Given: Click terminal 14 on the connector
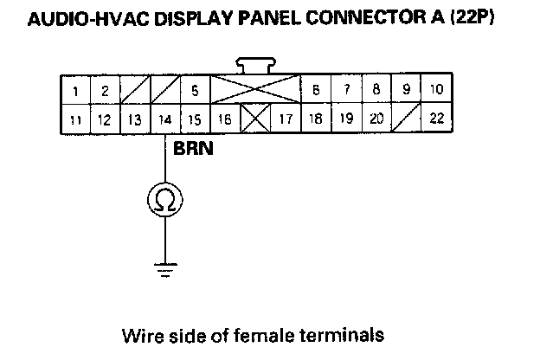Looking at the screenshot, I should pos(164,119).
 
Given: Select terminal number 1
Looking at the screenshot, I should pos(75,90).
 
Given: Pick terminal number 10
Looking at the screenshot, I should pos(436,90).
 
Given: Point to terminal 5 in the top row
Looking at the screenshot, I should pos(195,90).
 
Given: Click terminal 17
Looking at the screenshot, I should pos(285,119).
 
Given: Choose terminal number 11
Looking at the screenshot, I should pos(75,119).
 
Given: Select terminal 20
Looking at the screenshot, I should pos(376,119).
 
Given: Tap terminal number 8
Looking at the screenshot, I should pos(376,90).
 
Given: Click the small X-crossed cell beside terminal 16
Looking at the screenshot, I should pos(254,119).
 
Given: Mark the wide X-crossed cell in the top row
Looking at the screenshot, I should pos(255,90).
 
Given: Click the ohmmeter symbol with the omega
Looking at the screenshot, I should pos(165,201).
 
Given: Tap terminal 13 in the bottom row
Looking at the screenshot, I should pos(134,119).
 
